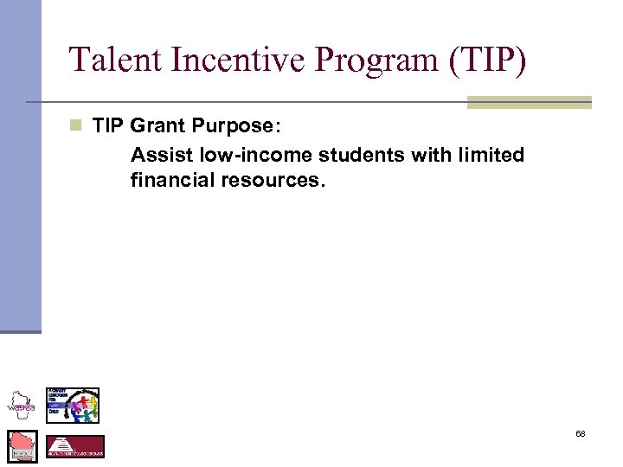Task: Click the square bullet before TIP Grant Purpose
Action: pyautogui.click(x=76, y=126)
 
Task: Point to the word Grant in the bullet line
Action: pyautogui.click(x=157, y=126)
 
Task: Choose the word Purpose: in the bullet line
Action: pyautogui.click(x=235, y=126)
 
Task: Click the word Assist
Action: pyautogui.click(x=156, y=155)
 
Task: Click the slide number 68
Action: pyautogui.click(x=581, y=433)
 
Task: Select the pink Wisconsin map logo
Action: pyautogui.click(x=22, y=446)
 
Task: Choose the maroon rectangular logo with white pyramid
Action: pyautogui.click(x=74, y=446)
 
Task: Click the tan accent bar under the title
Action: pyautogui.click(x=529, y=102)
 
